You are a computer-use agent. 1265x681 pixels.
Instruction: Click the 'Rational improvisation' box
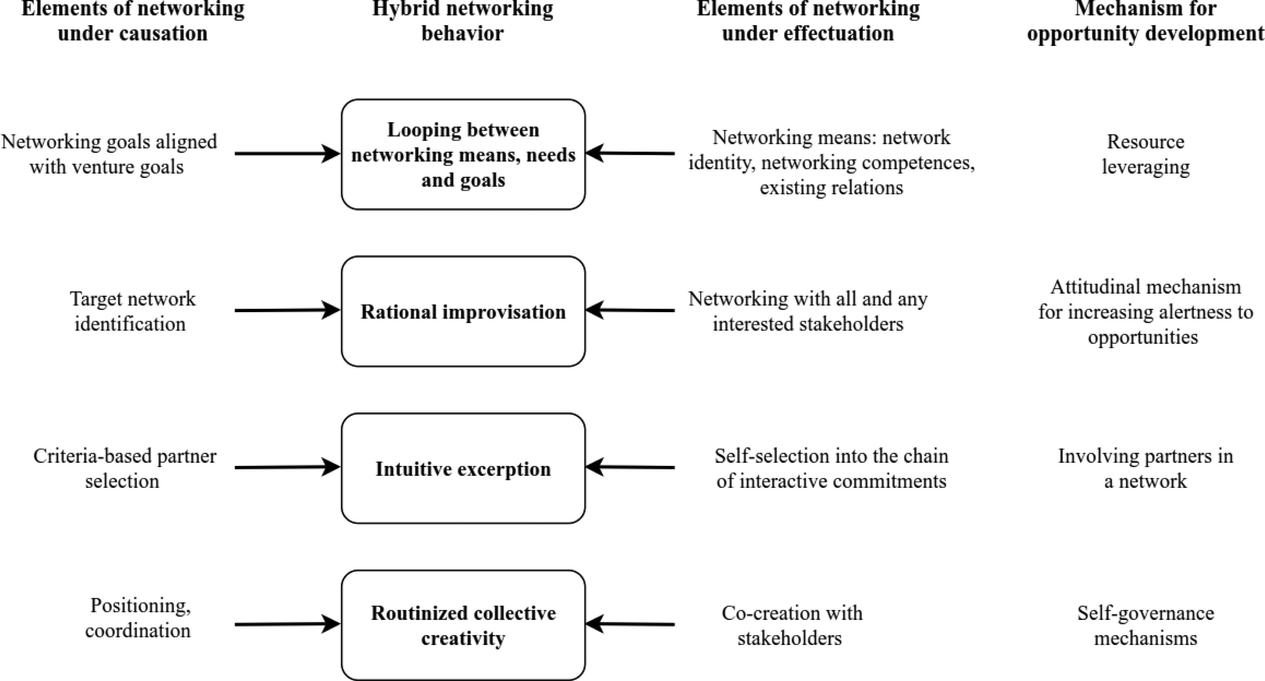point(463,311)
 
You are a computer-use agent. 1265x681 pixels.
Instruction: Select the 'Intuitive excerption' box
point(463,468)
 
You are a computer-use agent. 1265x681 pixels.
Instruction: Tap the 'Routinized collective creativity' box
point(463,625)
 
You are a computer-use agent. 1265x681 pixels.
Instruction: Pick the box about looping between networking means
point(463,154)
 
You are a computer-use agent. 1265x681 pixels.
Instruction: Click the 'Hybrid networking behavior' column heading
point(463,21)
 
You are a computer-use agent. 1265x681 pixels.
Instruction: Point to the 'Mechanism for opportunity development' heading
point(1146,21)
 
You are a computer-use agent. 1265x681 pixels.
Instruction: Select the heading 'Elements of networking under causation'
point(133,21)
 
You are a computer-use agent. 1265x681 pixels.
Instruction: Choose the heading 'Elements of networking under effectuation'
point(808,21)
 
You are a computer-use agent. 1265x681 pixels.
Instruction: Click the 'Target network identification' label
point(131,311)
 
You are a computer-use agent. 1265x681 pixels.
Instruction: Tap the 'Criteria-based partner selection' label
point(124,468)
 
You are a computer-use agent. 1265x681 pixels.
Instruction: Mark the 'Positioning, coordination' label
point(138,618)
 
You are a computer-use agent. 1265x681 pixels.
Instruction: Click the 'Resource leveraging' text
point(1146,154)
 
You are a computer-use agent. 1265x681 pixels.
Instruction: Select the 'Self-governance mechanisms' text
point(1146,626)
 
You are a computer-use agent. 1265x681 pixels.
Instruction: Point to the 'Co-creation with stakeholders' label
point(791,626)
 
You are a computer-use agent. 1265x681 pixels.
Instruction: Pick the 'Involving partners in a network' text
point(1146,468)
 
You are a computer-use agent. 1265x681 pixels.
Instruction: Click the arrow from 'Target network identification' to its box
point(287,310)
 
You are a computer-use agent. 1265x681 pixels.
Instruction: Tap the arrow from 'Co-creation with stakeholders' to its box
point(630,624)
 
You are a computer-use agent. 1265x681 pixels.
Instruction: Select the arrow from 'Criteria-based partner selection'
point(287,467)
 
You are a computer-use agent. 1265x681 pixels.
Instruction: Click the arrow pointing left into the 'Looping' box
point(630,153)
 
